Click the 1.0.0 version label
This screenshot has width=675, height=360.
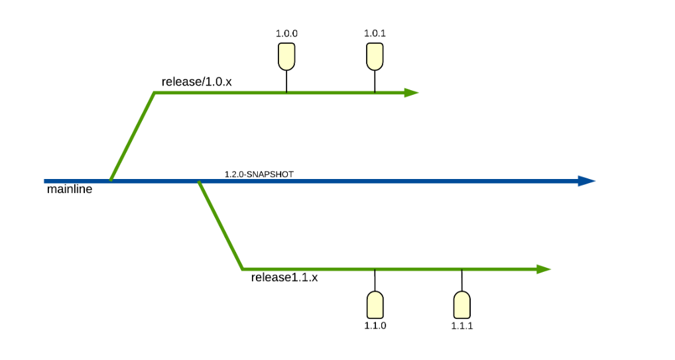(x=286, y=32)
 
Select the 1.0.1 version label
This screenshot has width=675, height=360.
(x=375, y=32)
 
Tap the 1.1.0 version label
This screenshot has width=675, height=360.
(x=375, y=326)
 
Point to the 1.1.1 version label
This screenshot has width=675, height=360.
(x=462, y=326)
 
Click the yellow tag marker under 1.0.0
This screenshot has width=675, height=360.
(x=286, y=56)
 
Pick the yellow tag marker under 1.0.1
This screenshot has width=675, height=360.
(x=375, y=56)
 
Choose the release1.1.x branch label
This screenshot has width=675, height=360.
(x=284, y=277)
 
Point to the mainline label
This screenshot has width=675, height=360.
(x=70, y=190)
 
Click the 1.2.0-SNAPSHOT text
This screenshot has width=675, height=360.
(x=259, y=174)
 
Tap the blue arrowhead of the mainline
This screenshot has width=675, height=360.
(x=587, y=180)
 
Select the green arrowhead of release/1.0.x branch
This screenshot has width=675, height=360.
(x=411, y=93)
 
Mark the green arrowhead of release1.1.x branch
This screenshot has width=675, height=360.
(x=544, y=269)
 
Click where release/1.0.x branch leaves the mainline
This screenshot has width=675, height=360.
(x=111, y=180)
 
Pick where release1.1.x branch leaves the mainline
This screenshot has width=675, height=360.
(x=199, y=181)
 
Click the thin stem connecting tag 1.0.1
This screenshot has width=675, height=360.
(x=375, y=81)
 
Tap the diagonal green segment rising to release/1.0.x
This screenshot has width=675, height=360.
(x=133, y=136)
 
